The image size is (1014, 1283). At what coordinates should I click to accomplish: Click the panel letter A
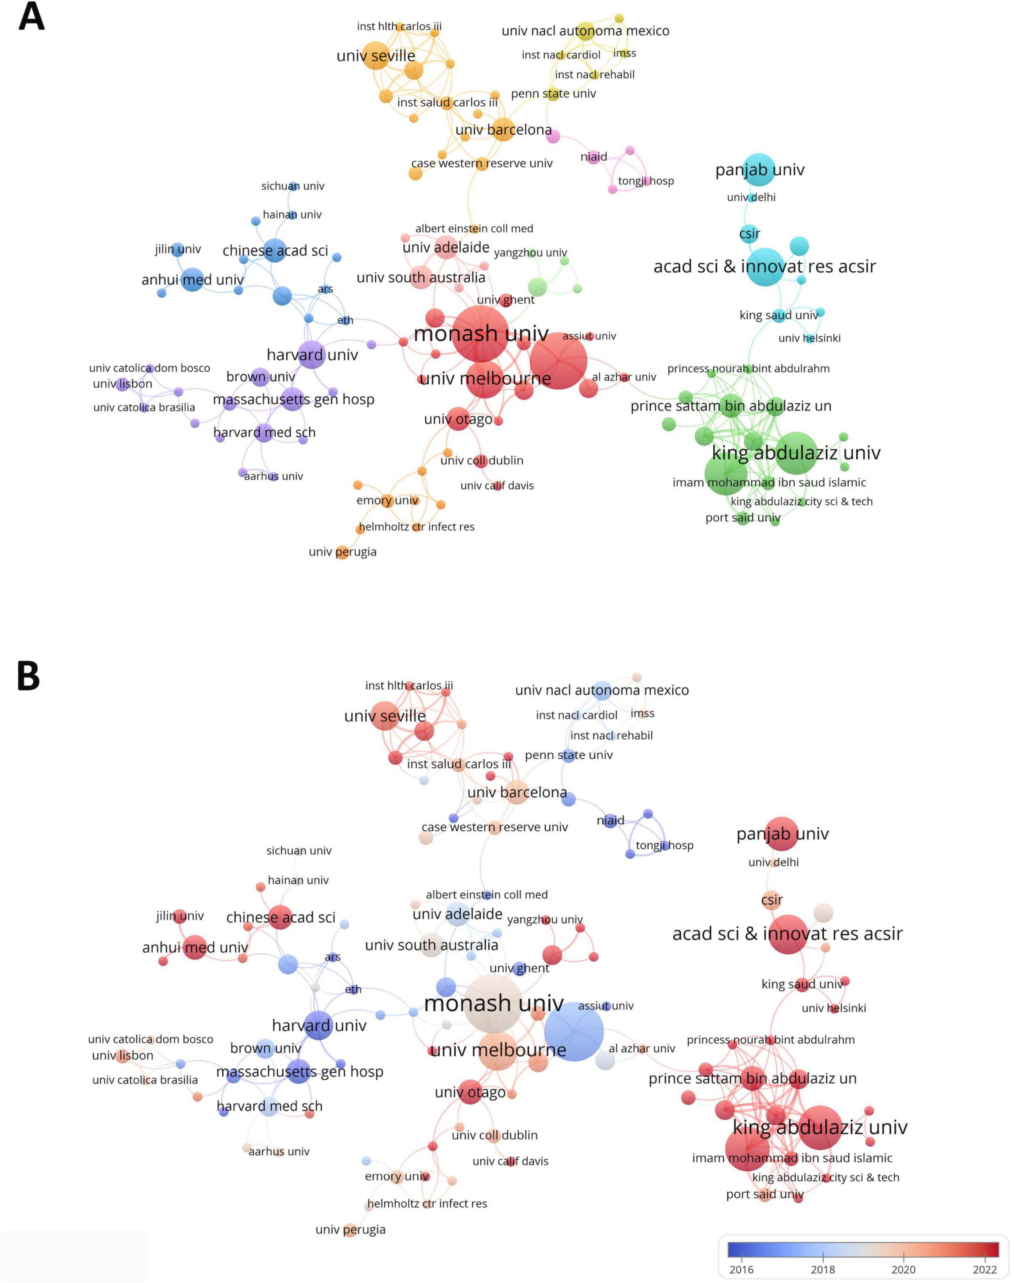point(31,18)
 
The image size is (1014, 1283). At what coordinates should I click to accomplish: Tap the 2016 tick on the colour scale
point(742,1269)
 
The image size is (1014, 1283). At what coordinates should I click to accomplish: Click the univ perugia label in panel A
point(342,552)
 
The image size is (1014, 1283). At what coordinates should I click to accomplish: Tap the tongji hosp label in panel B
point(664,845)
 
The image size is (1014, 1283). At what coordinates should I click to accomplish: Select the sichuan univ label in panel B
point(299,851)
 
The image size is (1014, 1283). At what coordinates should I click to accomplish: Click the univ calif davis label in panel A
point(497,485)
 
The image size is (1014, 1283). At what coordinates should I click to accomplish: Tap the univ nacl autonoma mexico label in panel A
point(585,31)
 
